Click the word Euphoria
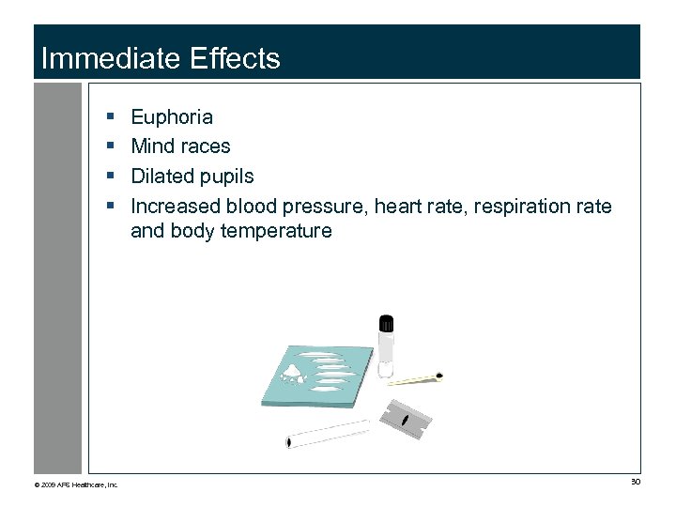coord(172,117)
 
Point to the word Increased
coord(173,206)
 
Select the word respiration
coord(521,206)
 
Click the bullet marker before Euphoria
coord(111,117)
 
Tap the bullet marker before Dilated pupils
coord(111,177)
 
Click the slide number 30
coord(635,482)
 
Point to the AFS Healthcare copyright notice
coord(76,484)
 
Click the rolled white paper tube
coord(328,434)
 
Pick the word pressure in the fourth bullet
coord(322,206)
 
